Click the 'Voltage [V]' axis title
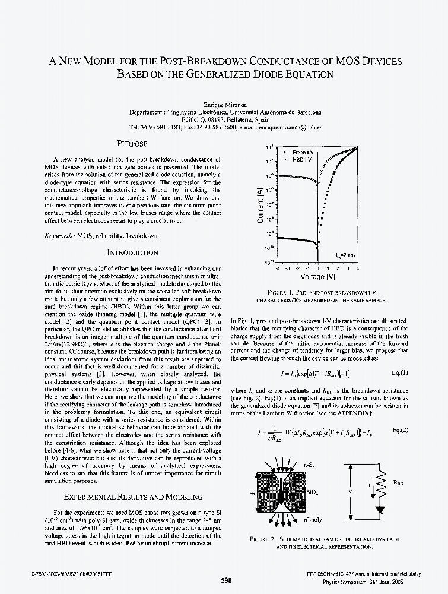click(x=317, y=277)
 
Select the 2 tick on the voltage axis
click(x=338, y=268)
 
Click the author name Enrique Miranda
click(x=225, y=105)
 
